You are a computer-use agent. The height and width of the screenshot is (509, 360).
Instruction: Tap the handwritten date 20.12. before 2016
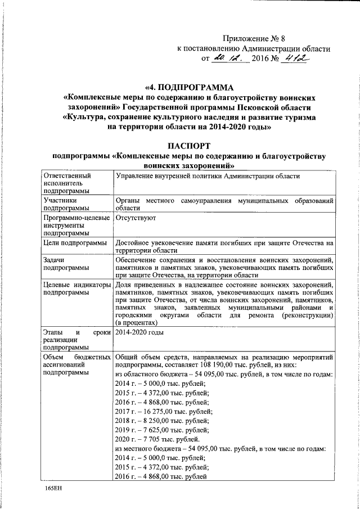[x=227, y=58]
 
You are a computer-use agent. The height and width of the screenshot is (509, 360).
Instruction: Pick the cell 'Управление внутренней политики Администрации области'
[x=208, y=177]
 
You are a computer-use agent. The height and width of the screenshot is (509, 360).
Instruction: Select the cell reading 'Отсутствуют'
[x=136, y=217]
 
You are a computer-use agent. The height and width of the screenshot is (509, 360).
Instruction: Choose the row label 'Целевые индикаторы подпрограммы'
[x=76, y=289]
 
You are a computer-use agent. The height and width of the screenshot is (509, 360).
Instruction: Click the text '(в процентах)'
[x=134, y=323]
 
